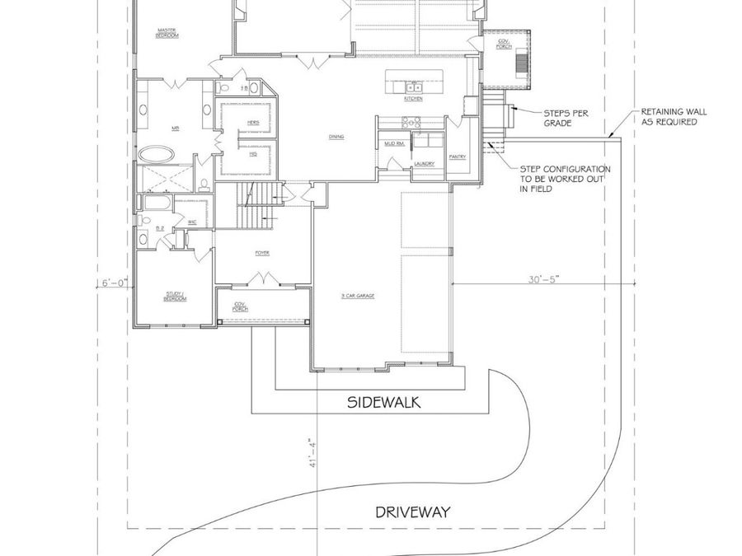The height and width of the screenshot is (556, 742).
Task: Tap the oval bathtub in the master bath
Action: [x=156, y=154]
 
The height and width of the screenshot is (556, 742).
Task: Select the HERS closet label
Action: [x=253, y=123]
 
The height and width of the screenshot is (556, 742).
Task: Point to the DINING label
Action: [x=336, y=137]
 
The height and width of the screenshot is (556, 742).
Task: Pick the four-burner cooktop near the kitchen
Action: [x=410, y=122]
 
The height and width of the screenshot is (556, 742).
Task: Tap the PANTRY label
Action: [x=458, y=156]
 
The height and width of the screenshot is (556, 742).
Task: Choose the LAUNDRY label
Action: [x=425, y=163]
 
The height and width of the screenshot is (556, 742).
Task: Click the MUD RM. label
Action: [x=393, y=144]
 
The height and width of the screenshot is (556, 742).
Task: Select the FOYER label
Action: [x=262, y=253]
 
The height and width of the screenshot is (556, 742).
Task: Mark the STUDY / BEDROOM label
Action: [x=175, y=296]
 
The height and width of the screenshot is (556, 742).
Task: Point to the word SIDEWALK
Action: [x=383, y=403]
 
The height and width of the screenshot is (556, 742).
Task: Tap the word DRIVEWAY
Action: [x=413, y=512]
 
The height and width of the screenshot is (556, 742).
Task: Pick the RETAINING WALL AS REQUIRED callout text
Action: [x=674, y=117]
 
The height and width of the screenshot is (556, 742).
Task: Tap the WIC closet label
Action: [x=191, y=222]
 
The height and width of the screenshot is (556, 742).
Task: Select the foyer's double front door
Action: [x=263, y=283]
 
